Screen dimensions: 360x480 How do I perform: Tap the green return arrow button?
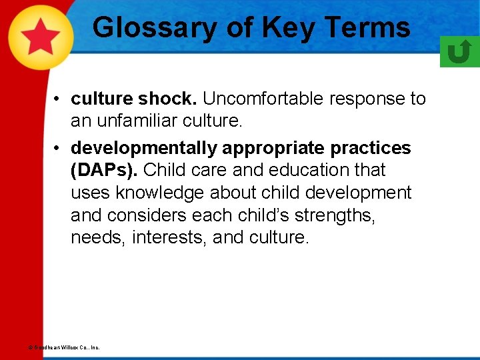click(x=459, y=51)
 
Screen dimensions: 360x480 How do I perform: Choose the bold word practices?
click(x=373, y=147)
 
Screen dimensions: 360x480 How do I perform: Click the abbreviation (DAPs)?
click(x=104, y=170)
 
